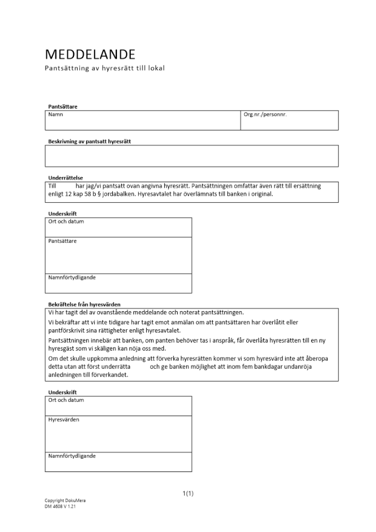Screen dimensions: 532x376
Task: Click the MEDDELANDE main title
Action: [90, 54]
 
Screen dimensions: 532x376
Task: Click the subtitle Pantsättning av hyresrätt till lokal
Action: [104, 69]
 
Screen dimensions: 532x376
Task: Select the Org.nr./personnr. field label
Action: [265, 114]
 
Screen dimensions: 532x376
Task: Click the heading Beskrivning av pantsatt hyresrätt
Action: [89, 142]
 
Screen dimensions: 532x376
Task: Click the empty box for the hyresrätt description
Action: [191, 156]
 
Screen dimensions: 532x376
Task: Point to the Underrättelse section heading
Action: [65, 178]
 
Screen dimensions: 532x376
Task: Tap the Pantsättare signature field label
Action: [62, 241]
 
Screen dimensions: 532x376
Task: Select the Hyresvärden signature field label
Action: [64, 420]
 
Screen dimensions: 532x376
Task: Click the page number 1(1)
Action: [188, 494]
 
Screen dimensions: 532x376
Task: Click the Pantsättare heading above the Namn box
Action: [63, 106]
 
